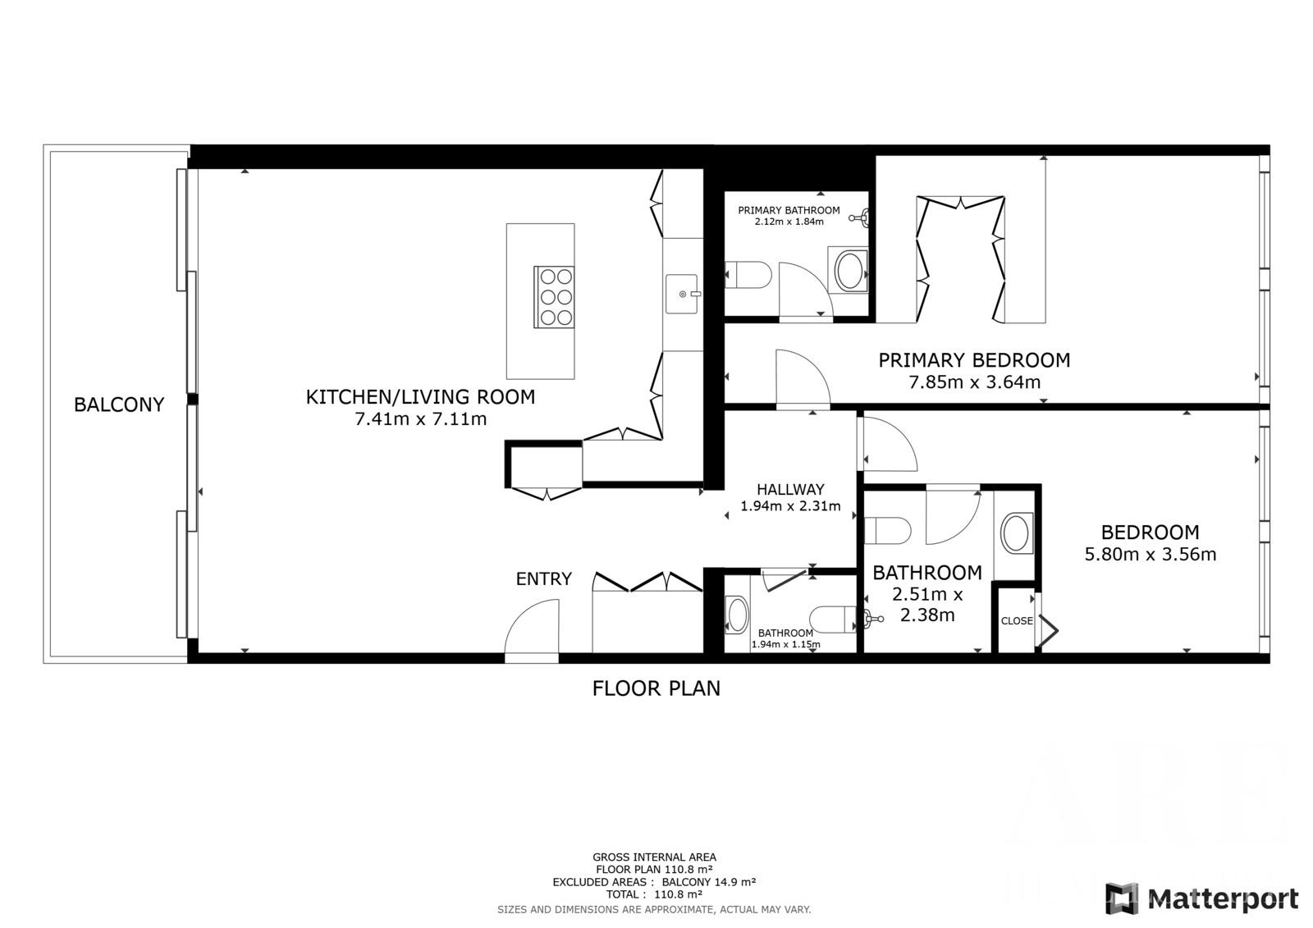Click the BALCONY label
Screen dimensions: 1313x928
pyautogui.click(x=119, y=405)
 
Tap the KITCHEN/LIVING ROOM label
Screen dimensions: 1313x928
pyautogui.click(x=420, y=397)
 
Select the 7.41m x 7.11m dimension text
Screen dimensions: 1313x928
pyautogui.click(x=420, y=419)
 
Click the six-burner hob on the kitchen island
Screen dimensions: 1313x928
pyautogui.click(x=554, y=297)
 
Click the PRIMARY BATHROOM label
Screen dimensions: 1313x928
pyautogui.click(x=789, y=210)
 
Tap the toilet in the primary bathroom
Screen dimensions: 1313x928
pyautogui.click(x=748, y=275)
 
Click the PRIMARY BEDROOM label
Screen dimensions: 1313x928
pyautogui.click(x=974, y=360)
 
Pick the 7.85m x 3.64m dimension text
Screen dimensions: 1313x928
pyautogui.click(x=974, y=382)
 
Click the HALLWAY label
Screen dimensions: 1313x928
pyautogui.click(x=790, y=490)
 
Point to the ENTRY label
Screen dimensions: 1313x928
pyautogui.click(x=543, y=579)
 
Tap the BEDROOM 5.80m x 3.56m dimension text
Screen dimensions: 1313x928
pyautogui.click(x=1150, y=555)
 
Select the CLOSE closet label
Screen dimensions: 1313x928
pyautogui.click(x=1017, y=621)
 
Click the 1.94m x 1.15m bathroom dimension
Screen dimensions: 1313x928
pyautogui.click(x=785, y=644)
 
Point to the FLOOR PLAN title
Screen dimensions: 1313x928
pyautogui.click(x=656, y=688)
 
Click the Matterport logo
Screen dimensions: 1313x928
pyautogui.click(x=1202, y=898)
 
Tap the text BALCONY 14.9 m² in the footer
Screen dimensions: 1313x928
pyautogui.click(x=709, y=882)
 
